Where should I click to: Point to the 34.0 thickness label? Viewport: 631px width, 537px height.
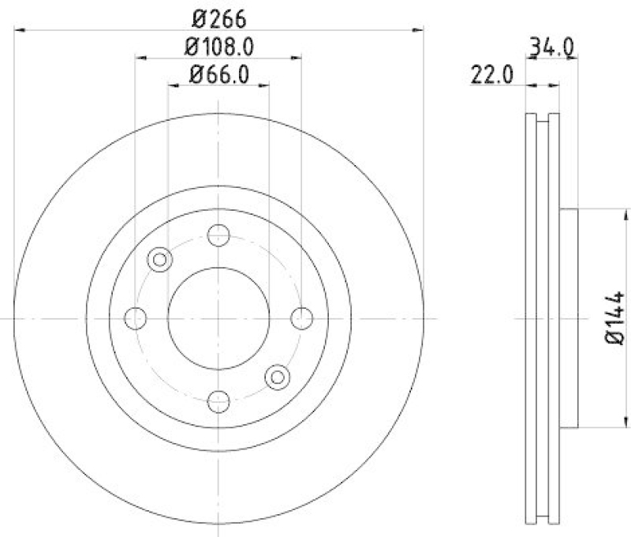coord(550,47)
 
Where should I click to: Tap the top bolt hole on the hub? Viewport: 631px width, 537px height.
coord(218,235)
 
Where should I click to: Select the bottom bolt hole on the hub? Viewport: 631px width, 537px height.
coord(218,400)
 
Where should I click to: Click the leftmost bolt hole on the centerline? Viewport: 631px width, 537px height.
coord(136,317)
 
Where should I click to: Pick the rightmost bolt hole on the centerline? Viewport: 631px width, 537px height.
coord(301,317)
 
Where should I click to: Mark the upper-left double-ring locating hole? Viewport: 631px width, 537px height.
coord(160,258)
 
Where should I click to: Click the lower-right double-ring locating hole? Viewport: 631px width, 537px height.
coord(277,377)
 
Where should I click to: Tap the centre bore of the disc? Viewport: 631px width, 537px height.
coord(218,317)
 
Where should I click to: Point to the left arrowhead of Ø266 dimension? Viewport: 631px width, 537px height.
coord(20,30)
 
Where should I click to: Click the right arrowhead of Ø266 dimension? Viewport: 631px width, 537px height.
coord(418,30)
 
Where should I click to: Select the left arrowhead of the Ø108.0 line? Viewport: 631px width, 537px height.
coord(140,58)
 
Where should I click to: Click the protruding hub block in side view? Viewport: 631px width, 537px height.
coord(569,317)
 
